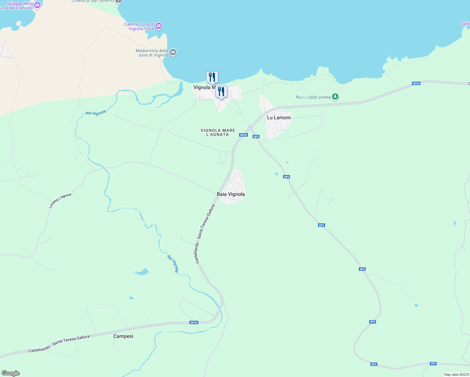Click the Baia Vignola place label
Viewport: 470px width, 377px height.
pos(231,194)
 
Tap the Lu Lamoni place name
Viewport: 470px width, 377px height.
pos(279,117)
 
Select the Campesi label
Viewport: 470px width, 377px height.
pos(123,336)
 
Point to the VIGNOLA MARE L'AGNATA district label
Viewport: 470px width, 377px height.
pos(218,132)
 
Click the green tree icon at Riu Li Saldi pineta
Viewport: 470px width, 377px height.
pos(335,97)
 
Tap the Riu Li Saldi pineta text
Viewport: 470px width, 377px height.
pos(313,97)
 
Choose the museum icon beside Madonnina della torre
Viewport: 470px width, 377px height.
pos(173,52)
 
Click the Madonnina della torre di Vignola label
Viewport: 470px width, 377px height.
pos(152,53)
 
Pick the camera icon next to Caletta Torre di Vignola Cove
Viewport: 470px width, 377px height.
pos(159,26)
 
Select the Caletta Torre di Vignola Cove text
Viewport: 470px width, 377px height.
pos(139,26)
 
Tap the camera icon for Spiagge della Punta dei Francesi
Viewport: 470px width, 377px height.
pos(37,5)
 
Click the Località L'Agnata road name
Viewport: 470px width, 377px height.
pos(60,200)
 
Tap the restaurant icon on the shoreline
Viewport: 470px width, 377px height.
pos(212,77)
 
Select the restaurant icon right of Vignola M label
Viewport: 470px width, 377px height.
pos(221,92)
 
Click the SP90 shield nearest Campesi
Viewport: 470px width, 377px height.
pos(194,323)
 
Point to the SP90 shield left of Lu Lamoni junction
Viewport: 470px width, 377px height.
pos(243,135)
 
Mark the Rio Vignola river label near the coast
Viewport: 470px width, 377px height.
pos(96,113)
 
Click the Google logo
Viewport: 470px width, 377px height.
pos(11,373)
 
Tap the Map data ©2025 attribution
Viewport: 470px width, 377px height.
pos(456,374)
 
